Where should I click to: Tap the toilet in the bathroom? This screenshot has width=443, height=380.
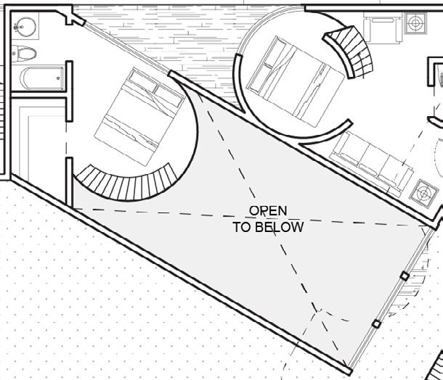(27, 53)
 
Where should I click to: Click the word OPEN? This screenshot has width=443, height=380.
(268, 211)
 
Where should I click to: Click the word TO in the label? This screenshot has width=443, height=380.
(241, 226)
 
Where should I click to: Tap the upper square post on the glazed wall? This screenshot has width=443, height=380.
(405, 276)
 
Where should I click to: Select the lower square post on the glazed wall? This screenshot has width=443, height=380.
(375, 324)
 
